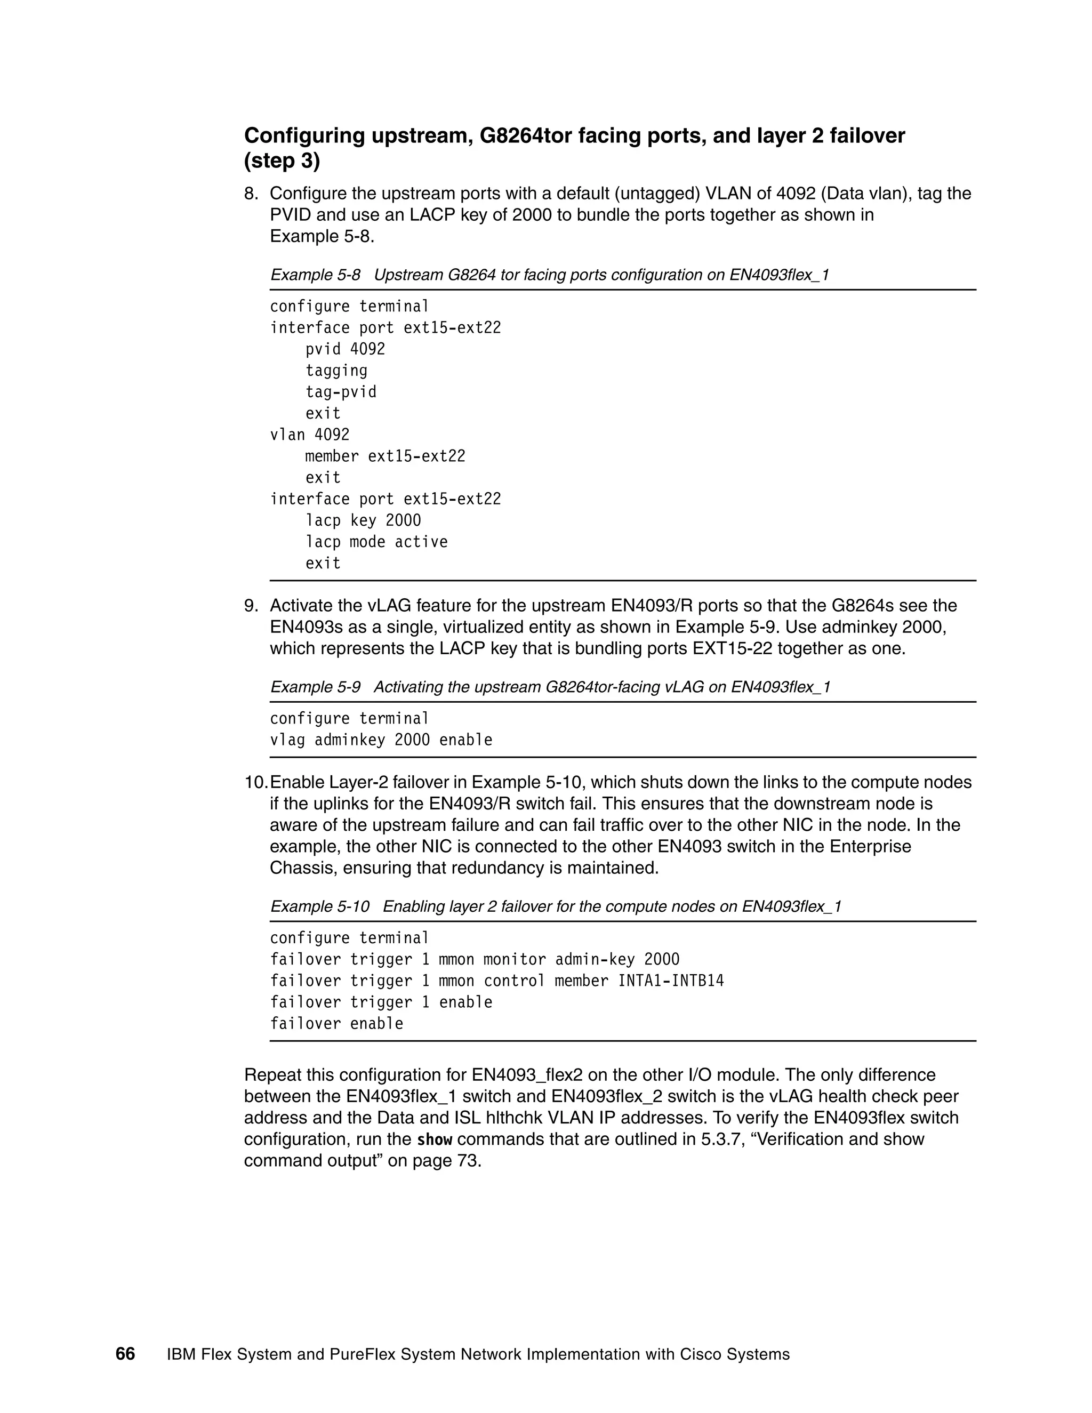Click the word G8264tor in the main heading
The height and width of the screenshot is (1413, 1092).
pyautogui.click(x=536, y=136)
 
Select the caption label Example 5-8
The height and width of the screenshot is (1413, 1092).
pyautogui.click(x=315, y=275)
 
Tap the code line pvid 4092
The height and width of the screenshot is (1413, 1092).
pyautogui.click(x=345, y=349)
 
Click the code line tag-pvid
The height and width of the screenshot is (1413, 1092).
pyautogui.click(x=340, y=392)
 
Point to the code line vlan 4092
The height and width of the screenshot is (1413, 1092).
pyautogui.click(x=309, y=435)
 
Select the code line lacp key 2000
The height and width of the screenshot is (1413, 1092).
pyautogui.click(x=363, y=521)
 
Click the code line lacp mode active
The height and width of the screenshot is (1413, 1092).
pyautogui.click(x=376, y=542)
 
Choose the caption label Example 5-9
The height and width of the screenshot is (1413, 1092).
pyautogui.click(x=315, y=687)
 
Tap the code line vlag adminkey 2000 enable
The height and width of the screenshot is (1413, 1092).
pyautogui.click(x=381, y=740)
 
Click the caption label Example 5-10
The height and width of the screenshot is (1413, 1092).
pyautogui.click(x=319, y=906)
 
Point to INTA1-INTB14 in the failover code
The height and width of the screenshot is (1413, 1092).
pyautogui.click(x=671, y=981)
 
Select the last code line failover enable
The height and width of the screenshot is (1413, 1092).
pyautogui.click(x=336, y=1024)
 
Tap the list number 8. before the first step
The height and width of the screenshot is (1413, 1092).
pyautogui.click(x=251, y=194)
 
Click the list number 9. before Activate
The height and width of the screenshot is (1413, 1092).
pyautogui.click(x=251, y=606)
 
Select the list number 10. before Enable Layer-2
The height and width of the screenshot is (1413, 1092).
pyautogui.click(x=255, y=782)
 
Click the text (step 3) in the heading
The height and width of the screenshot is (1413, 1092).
pyautogui.click(x=282, y=160)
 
